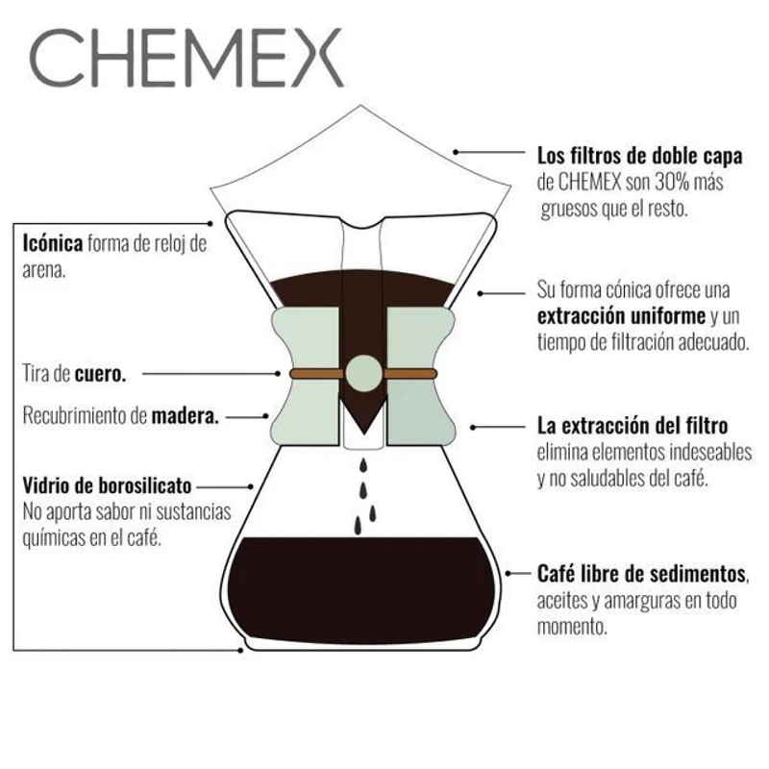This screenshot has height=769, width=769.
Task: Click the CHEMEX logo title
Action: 186,58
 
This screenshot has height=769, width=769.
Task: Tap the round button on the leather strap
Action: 363,374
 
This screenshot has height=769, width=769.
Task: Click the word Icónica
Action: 53,243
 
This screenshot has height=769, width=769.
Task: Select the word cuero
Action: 100,374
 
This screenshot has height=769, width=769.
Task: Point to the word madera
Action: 185,416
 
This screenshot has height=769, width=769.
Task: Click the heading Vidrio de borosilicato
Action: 107,486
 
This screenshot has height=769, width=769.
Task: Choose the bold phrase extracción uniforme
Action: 621,316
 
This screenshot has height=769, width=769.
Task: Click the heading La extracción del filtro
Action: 633,426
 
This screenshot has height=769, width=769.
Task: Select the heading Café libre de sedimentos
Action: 641,574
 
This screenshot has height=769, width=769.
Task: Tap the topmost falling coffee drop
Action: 363,464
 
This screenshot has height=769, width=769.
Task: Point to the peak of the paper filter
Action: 361,106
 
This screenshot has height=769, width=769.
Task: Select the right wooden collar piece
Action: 421,377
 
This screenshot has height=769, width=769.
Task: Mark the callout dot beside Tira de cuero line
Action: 278,374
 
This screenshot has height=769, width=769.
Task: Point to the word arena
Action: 44,271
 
